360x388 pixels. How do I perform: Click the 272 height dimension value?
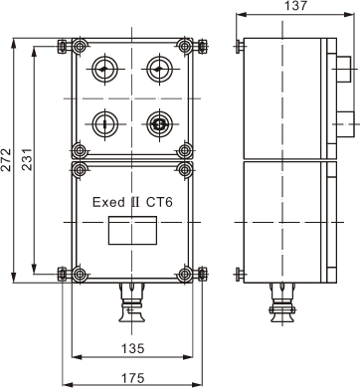click(6, 159)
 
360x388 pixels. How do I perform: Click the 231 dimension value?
click(28, 159)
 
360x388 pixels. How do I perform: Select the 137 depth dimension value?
click(296, 6)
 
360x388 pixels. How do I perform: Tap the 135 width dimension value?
click(132, 348)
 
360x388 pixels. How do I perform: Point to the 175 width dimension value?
click(132, 378)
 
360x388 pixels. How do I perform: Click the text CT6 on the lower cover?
click(160, 202)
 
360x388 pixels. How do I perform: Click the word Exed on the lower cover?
click(104, 202)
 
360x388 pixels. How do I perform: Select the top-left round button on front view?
click(104, 70)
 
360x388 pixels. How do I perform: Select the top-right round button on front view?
click(159, 70)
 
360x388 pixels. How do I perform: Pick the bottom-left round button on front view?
click(104, 124)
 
